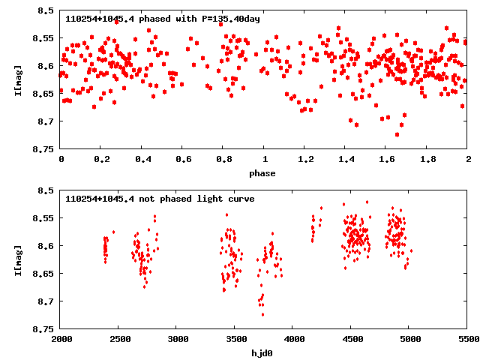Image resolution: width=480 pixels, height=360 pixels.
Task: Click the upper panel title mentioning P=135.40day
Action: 163,19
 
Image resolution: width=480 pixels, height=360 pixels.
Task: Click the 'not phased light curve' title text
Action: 160,199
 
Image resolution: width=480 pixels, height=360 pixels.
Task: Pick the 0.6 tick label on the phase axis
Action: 183,160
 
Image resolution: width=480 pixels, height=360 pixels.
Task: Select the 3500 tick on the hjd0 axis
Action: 235,340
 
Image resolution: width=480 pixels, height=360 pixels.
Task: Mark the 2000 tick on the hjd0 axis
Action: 61,340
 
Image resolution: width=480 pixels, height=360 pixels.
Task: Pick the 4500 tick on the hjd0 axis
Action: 352,340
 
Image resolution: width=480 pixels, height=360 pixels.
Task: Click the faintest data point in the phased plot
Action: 397,134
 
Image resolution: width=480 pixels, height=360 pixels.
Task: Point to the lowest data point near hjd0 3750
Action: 262,314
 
